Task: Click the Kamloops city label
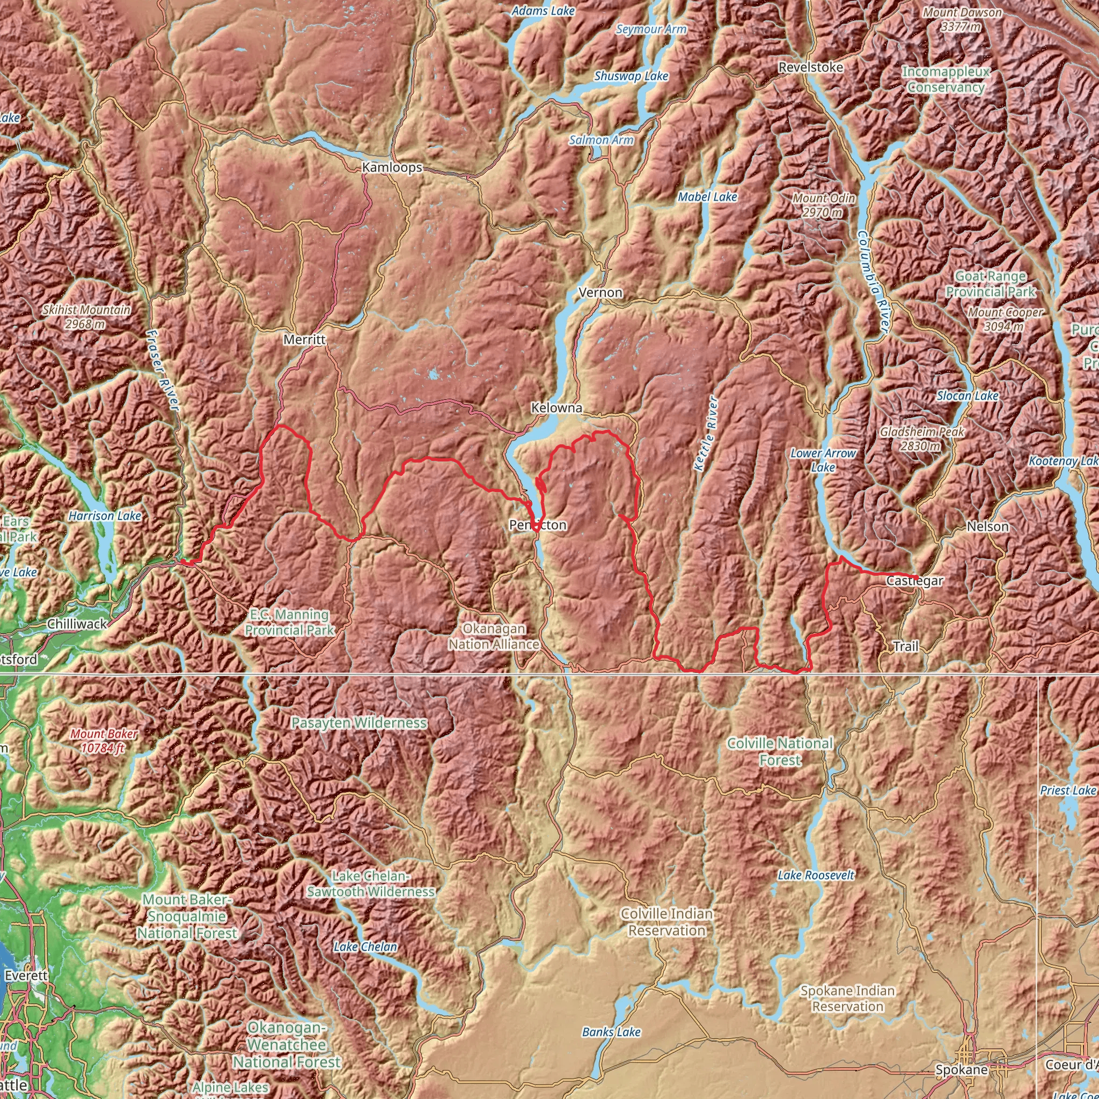[x=392, y=167]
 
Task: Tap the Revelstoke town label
[x=811, y=67]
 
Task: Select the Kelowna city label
[x=556, y=408]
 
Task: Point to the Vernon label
[x=600, y=292]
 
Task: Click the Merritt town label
[x=304, y=340]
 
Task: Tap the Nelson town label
[x=987, y=527]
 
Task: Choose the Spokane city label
[x=961, y=1070]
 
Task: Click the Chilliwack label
[x=77, y=624]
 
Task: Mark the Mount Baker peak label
[x=104, y=741]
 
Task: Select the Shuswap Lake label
[x=631, y=76]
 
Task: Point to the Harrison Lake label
[x=105, y=516]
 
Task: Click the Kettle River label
[x=707, y=434]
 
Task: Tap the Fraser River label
[x=163, y=370]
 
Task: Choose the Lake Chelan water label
[x=365, y=947]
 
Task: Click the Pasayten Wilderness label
[x=359, y=723]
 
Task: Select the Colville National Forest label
[x=780, y=751]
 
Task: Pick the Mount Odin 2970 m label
[x=823, y=206]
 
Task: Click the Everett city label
[x=26, y=976]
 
